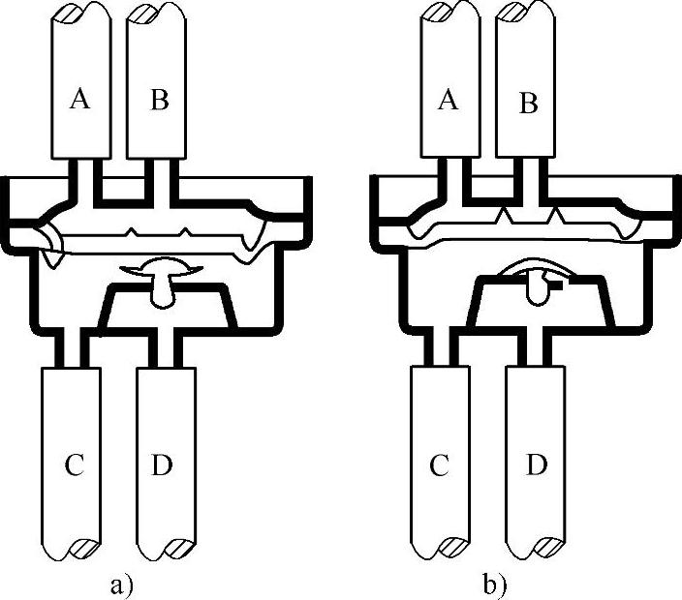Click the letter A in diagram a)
81,100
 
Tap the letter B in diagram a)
158,100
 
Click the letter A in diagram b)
448,100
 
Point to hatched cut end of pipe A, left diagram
70,14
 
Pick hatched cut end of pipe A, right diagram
438,14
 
